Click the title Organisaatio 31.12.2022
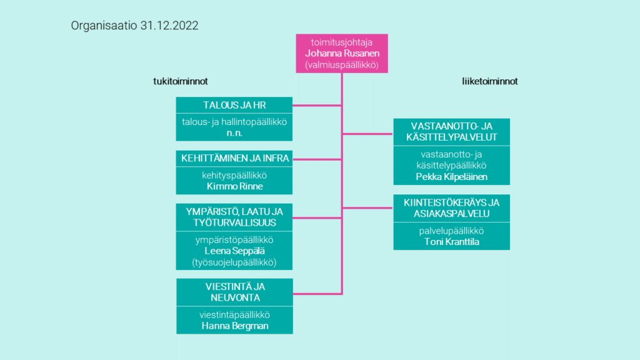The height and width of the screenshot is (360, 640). (135, 25)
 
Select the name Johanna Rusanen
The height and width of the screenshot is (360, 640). (342, 54)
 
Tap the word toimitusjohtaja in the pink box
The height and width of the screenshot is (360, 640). (342, 42)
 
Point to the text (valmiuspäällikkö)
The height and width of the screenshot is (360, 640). (342, 65)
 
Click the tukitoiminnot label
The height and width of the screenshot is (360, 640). (181, 81)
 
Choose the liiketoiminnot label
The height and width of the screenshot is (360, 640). (490, 81)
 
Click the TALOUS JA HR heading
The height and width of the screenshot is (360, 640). (234, 105)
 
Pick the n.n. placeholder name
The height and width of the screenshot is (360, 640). (234, 133)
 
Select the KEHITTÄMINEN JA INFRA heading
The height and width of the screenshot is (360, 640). (235, 158)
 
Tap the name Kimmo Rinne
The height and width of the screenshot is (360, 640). (235, 186)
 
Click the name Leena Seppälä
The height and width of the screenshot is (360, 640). (235, 251)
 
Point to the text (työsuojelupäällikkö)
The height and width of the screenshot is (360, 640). (234, 262)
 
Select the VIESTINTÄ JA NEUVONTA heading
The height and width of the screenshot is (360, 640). (235, 292)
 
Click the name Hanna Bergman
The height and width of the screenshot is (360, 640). (235, 326)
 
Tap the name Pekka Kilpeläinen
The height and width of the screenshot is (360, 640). (451, 177)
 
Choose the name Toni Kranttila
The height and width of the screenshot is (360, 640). (451, 242)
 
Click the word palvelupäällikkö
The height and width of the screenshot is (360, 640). (451, 231)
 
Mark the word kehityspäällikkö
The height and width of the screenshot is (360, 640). (234, 176)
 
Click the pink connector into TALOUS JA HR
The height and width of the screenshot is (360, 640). (317, 105)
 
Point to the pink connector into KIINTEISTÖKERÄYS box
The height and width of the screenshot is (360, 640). (367, 207)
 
